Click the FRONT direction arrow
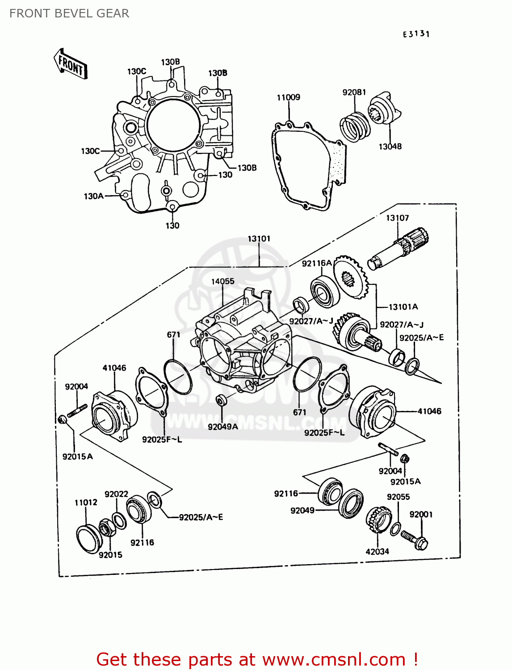click(71, 64)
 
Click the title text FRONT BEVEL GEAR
click(69, 13)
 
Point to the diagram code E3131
click(416, 34)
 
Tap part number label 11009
click(288, 97)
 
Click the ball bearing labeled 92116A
click(325, 291)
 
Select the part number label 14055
click(222, 281)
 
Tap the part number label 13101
click(259, 239)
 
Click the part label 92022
click(116, 494)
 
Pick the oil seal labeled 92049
click(351, 503)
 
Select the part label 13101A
click(403, 307)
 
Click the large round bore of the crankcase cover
click(173, 125)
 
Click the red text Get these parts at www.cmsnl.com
click(257, 659)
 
